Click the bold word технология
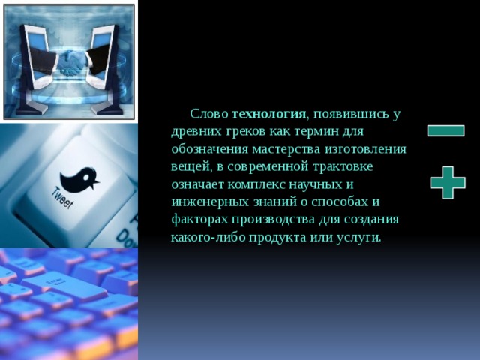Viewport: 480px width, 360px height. pos(269,114)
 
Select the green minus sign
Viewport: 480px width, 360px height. pos(445,130)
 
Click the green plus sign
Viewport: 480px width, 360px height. pos(448,182)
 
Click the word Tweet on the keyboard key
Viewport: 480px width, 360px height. pos(62,198)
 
